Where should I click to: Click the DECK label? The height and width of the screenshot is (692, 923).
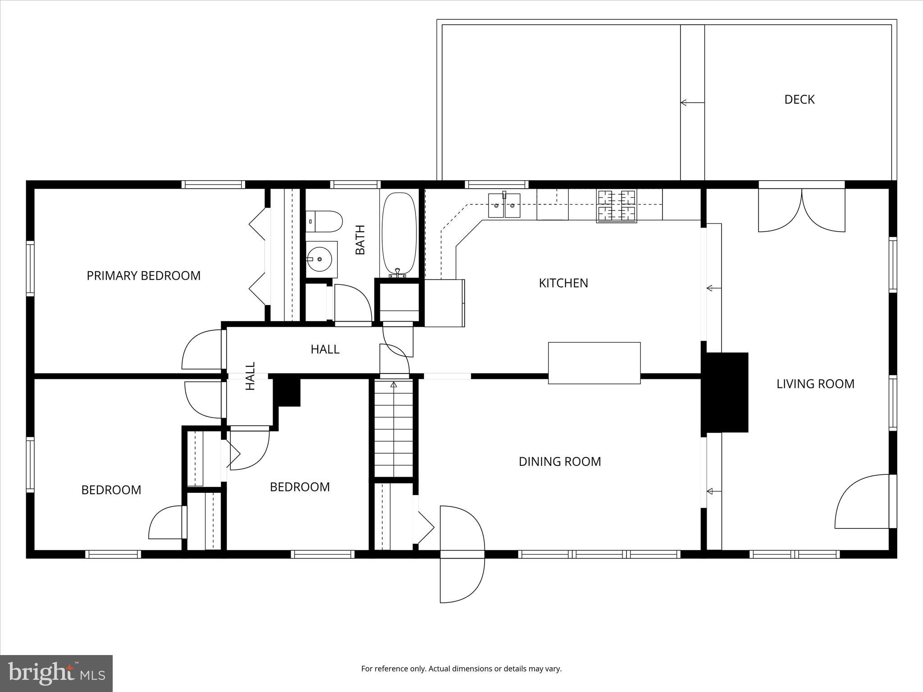[799, 100]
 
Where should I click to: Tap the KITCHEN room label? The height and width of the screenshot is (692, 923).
[563, 283]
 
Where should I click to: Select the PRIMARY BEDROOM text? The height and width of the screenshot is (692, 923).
[143, 276]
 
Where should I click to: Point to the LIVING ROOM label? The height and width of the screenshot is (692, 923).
[815, 384]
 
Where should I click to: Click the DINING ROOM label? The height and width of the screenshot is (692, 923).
[560, 461]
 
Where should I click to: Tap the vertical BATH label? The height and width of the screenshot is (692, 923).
[360, 240]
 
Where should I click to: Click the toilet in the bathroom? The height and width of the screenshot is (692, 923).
[324, 221]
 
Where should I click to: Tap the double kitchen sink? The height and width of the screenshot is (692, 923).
[504, 205]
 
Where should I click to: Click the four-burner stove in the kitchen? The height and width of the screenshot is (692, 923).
[617, 206]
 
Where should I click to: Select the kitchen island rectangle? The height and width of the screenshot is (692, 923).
[594, 363]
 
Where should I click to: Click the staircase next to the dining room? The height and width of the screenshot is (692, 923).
[394, 428]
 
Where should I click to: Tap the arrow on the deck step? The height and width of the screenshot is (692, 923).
[691, 103]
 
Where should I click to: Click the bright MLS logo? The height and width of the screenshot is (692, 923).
[56, 673]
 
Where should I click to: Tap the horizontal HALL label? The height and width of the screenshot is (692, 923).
[324, 349]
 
